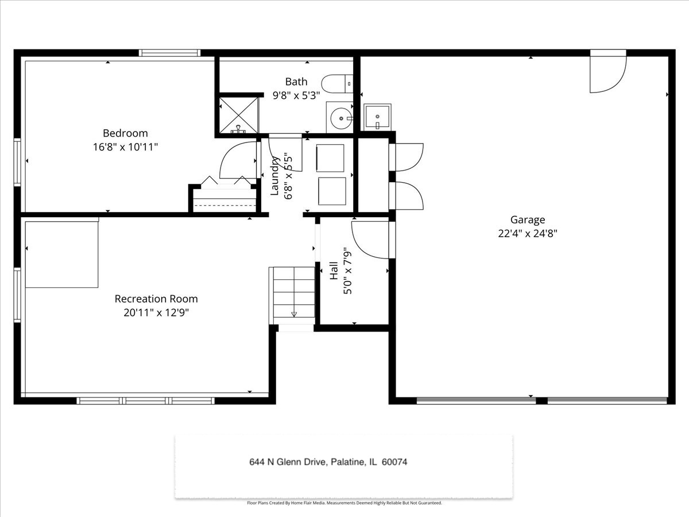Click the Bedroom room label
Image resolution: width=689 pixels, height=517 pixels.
(125, 133)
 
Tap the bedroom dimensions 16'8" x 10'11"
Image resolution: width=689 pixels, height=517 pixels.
(125, 147)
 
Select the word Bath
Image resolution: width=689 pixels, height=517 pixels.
(296, 82)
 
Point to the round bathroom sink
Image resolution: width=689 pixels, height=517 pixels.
(341, 118)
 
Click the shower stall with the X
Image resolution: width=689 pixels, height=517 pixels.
(238, 115)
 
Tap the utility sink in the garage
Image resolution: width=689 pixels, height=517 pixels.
(377, 117)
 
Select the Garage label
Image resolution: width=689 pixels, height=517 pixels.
(527, 220)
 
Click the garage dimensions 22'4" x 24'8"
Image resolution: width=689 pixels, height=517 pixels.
(527, 234)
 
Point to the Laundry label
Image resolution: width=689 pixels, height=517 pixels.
(274, 176)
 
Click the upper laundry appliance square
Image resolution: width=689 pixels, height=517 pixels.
(330, 158)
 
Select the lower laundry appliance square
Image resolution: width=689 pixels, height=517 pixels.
(332, 191)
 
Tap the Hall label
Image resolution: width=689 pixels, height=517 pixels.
(334, 271)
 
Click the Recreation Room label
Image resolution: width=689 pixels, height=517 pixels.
(156, 299)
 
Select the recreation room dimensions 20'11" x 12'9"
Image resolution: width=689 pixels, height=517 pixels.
(156, 312)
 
